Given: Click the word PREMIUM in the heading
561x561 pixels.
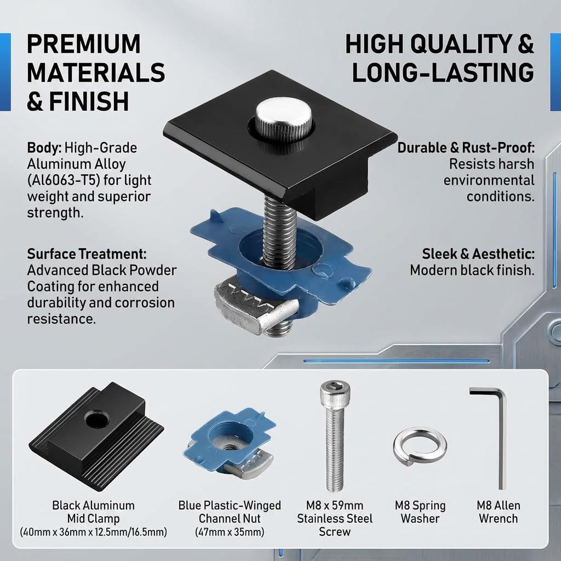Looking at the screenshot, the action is click(84, 44).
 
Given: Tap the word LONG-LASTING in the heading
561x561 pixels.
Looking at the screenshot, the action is click(443, 73).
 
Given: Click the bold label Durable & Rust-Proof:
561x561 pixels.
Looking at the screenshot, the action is click(466, 147).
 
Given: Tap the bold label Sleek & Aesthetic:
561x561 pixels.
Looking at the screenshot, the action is click(478, 254).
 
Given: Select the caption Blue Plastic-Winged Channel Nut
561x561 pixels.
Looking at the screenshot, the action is click(230, 512).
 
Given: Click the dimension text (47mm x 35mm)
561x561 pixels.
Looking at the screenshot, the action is click(230, 531).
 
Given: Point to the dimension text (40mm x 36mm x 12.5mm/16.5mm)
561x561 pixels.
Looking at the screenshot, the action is click(93, 531).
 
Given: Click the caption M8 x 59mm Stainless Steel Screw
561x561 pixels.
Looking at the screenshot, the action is click(335, 518).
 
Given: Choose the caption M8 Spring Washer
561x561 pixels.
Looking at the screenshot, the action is click(420, 512).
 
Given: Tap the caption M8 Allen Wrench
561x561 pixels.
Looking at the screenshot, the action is click(499, 512).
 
